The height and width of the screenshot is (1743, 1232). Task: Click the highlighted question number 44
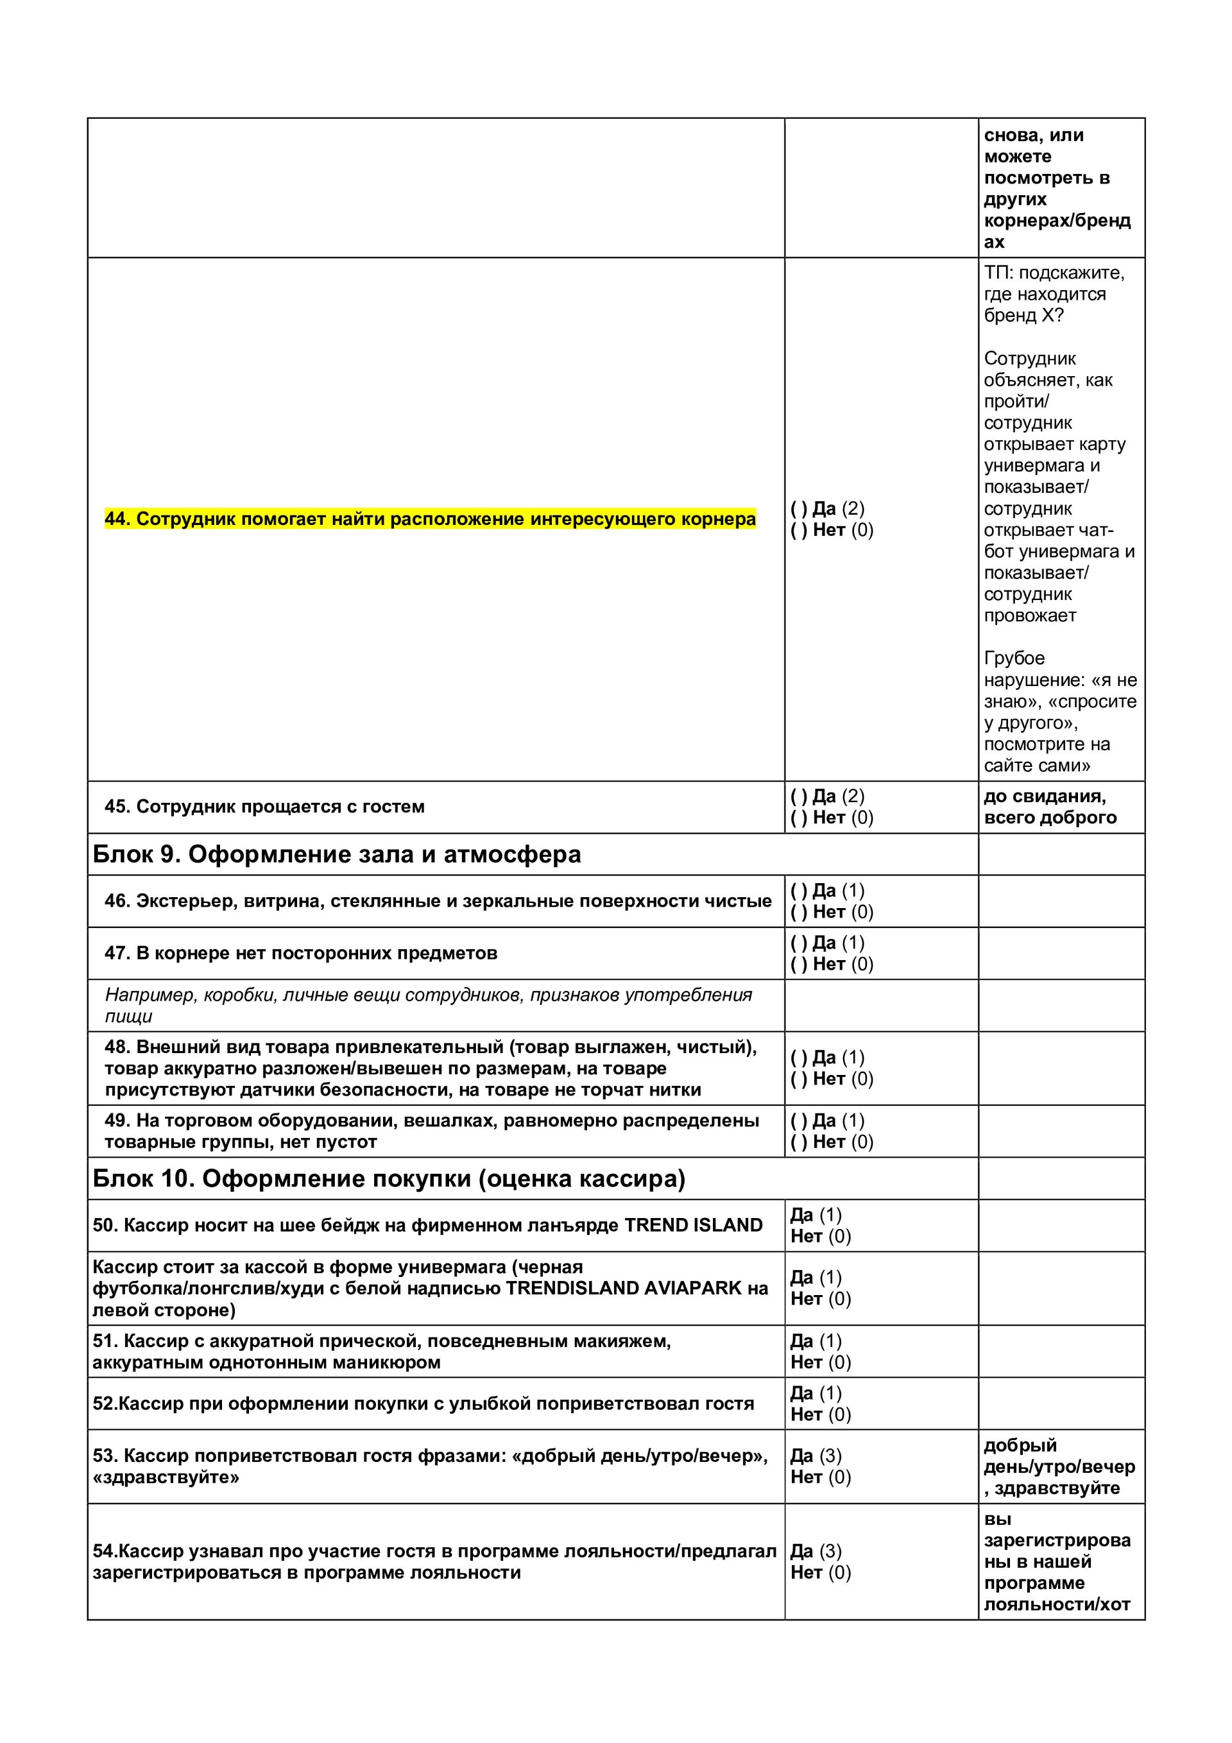pyautogui.click(x=117, y=519)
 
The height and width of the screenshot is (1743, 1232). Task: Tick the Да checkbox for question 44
pyautogui.click(x=799, y=509)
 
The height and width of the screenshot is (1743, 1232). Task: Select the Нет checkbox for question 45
pyautogui.click(x=799, y=818)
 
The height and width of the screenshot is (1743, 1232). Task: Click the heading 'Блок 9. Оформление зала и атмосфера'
pyautogui.click(x=336, y=854)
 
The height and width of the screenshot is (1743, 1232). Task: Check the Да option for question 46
pyautogui.click(x=799, y=891)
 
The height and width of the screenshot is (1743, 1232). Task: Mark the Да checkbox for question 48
pyautogui.click(x=799, y=1058)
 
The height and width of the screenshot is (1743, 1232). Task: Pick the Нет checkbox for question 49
pyautogui.click(x=799, y=1142)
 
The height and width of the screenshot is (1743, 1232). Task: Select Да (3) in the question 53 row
pyautogui.click(x=816, y=1455)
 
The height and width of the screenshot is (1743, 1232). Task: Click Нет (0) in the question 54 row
pyautogui.click(x=820, y=1572)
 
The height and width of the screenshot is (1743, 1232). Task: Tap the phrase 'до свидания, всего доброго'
pyautogui.click(x=1050, y=807)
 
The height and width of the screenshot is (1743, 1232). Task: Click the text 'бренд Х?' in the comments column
pyautogui.click(x=1023, y=315)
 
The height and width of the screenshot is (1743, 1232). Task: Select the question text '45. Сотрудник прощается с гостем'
pyautogui.click(x=264, y=806)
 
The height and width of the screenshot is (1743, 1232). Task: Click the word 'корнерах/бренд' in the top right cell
pyautogui.click(x=1057, y=221)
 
